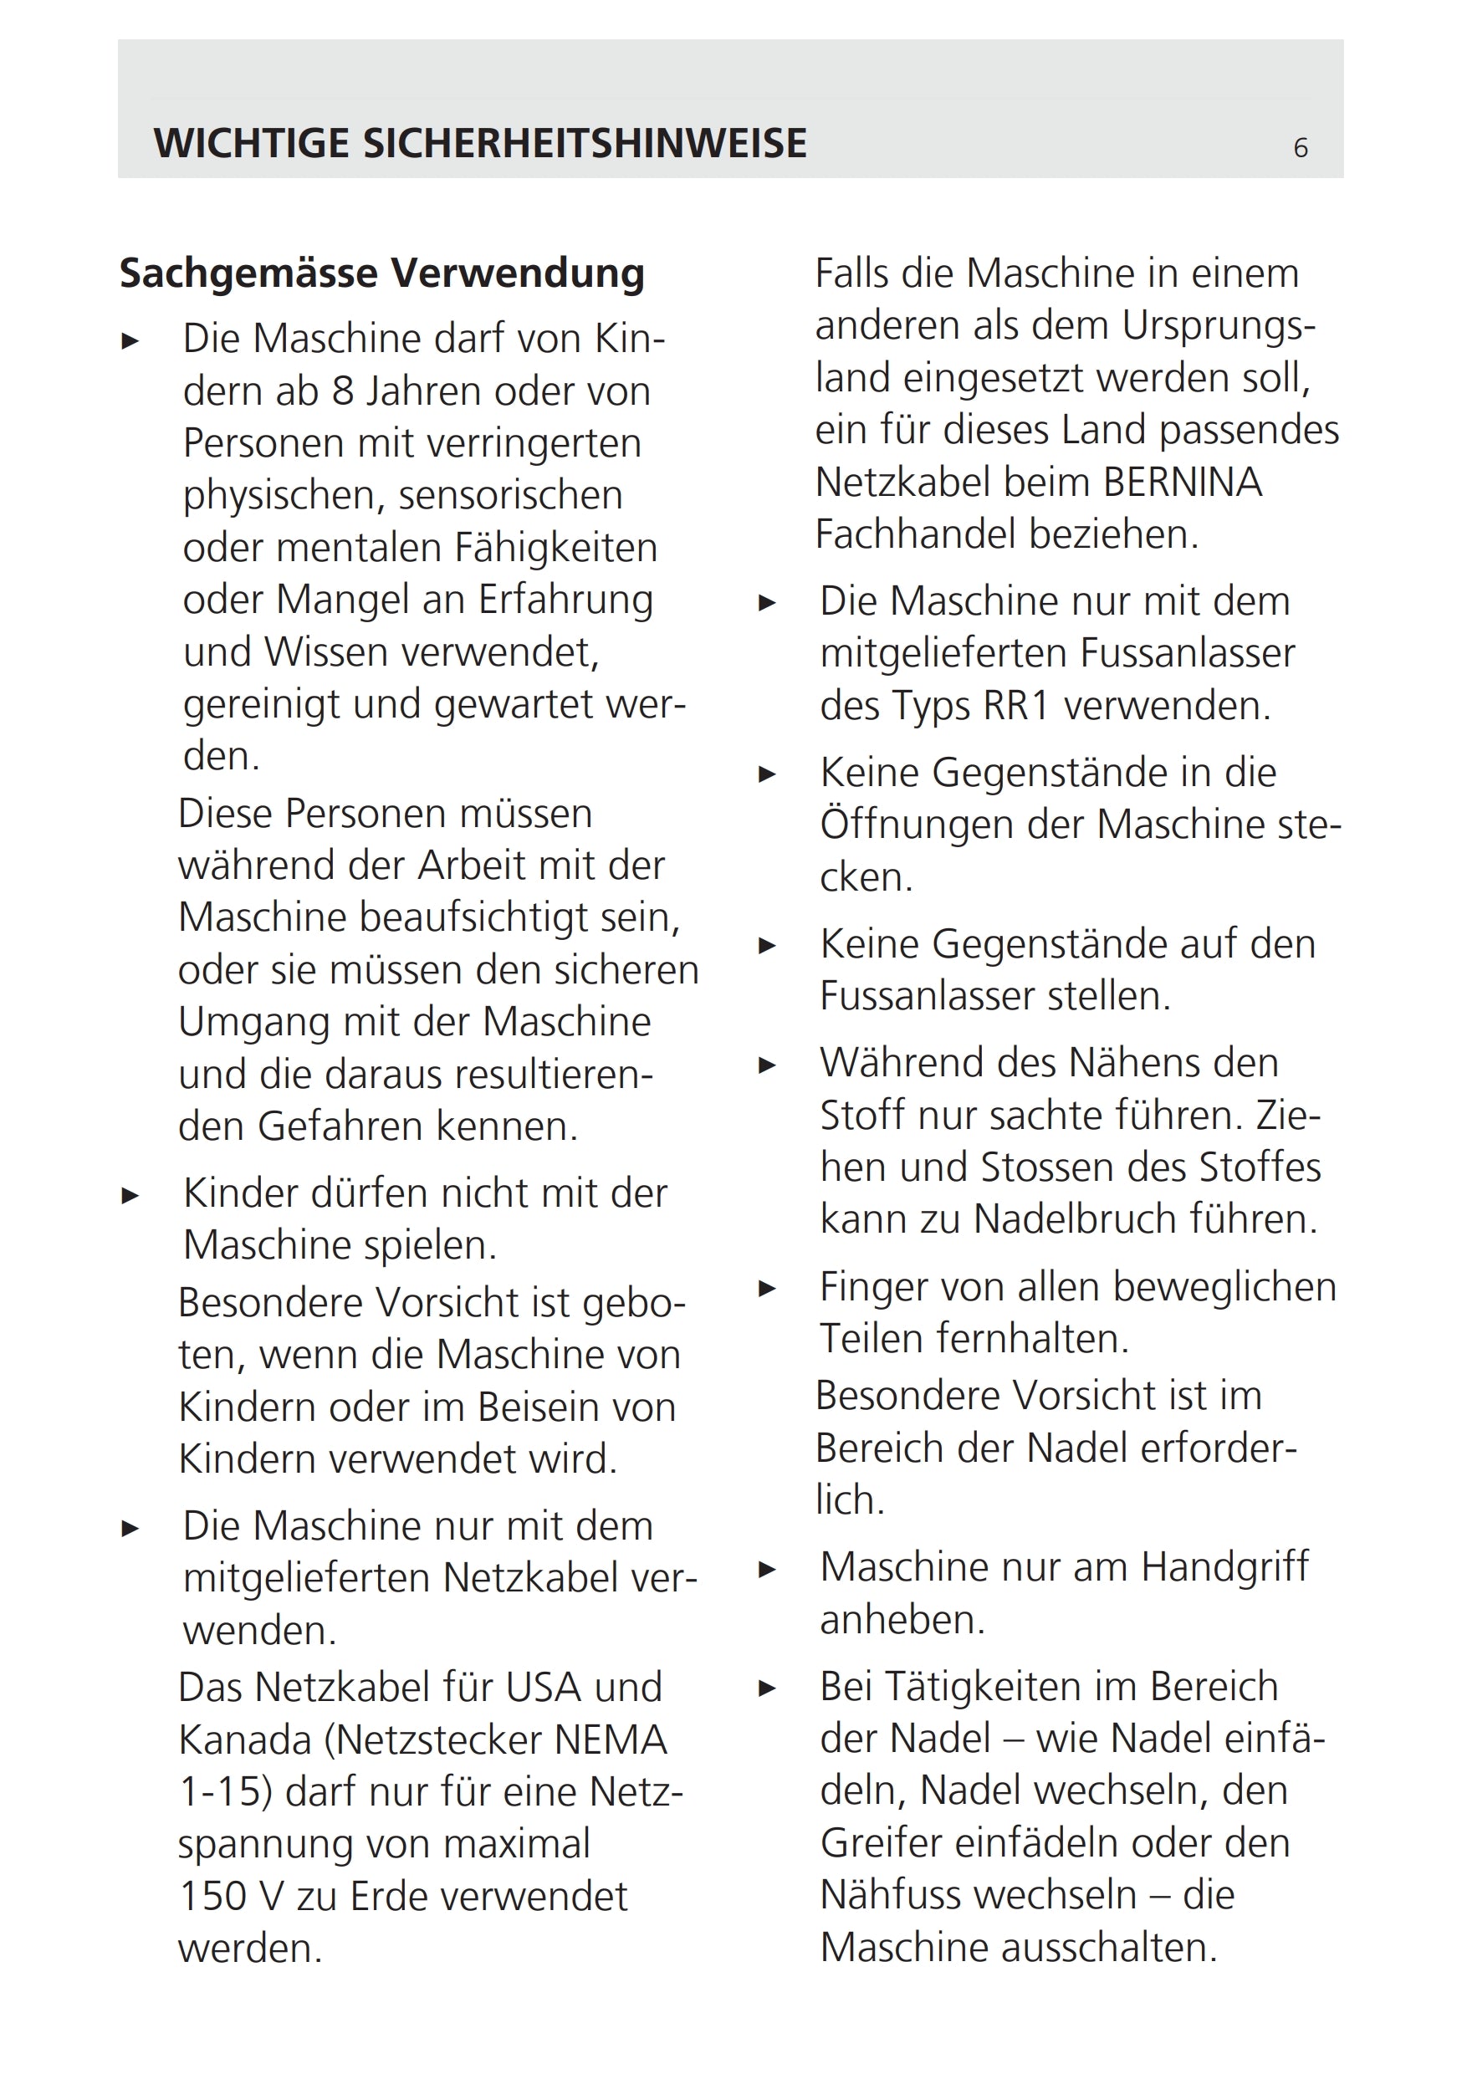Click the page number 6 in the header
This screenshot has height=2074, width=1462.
coord(1301,147)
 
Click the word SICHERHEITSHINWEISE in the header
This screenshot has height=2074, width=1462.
coord(585,144)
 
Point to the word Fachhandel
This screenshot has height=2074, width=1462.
coord(914,534)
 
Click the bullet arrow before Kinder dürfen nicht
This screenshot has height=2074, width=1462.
coord(131,1196)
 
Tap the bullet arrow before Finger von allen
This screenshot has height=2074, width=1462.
coord(767,1289)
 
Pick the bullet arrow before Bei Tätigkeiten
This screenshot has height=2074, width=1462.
coord(767,1688)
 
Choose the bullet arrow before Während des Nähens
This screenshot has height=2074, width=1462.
coord(767,1065)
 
